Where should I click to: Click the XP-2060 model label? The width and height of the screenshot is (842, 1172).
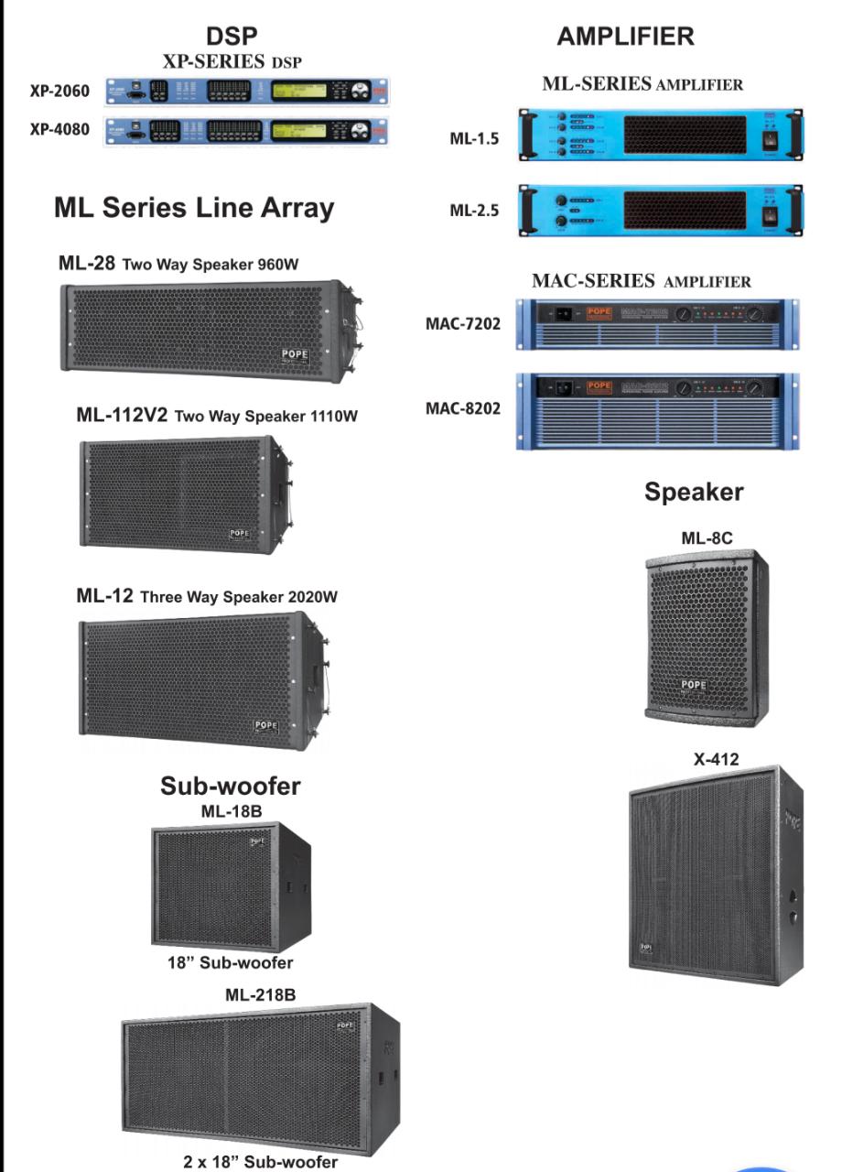point(59,92)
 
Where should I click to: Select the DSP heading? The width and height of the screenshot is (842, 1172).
point(232,37)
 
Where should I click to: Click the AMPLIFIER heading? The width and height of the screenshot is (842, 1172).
point(625,37)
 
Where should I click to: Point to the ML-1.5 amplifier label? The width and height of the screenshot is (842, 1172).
point(474,139)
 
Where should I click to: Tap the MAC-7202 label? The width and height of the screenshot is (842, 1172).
point(463,323)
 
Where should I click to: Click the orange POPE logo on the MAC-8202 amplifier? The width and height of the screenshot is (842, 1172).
point(599,386)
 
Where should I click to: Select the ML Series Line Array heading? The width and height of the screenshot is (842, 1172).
point(194,208)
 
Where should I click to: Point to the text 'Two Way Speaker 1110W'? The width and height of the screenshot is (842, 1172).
point(265,417)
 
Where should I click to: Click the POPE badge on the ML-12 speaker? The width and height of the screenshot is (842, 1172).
point(265,727)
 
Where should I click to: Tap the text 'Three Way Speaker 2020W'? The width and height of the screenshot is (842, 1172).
point(239,597)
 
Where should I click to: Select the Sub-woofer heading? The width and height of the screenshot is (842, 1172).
point(230,786)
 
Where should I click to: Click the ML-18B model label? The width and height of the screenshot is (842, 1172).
point(230,811)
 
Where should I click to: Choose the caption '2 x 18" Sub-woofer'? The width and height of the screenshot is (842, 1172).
point(260,1162)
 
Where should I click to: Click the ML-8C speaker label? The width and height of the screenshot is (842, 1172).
point(707,538)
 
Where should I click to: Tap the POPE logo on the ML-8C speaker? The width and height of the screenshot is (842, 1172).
point(694,685)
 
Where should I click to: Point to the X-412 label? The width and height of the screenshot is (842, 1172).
point(716,759)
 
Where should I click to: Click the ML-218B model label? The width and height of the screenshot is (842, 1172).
point(260,994)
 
